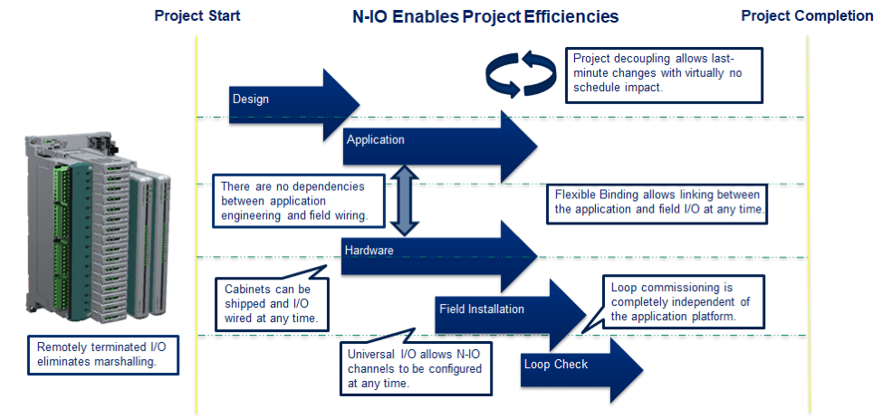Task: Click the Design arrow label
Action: [x=250, y=100]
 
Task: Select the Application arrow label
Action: [x=375, y=139]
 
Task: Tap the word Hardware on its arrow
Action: [x=369, y=250]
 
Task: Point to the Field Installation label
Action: [x=482, y=309]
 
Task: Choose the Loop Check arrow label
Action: [x=556, y=364]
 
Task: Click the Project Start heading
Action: [x=197, y=15]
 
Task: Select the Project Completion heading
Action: [x=807, y=15]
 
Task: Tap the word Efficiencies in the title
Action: [x=570, y=17]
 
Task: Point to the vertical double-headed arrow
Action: [x=405, y=199]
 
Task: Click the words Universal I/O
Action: [x=384, y=355]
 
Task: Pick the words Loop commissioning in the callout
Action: [x=665, y=288]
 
